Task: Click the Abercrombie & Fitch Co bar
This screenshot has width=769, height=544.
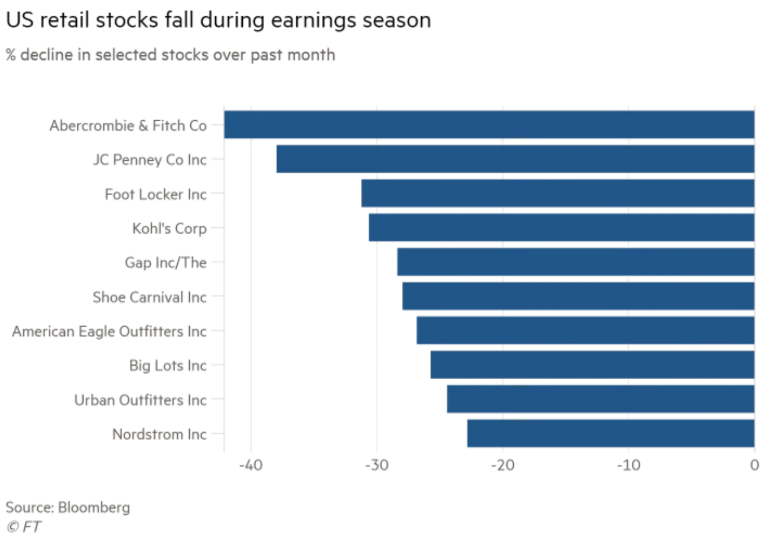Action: [x=489, y=125]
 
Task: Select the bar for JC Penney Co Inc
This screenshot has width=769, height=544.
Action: [x=515, y=159]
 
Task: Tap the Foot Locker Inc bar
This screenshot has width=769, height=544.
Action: [x=557, y=194]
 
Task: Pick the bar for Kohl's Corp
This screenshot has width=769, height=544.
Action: [x=561, y=227]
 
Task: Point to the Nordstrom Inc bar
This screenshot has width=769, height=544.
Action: [x=610, y=433]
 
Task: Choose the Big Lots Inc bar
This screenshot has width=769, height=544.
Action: [x=592, y=365]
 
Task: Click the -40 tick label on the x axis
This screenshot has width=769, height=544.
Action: [x=251, y=465]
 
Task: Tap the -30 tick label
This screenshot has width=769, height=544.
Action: [x=377, y=465]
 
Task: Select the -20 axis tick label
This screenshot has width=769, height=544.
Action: [x=503, y=465]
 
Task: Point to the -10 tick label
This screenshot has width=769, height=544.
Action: [x=628, y=465]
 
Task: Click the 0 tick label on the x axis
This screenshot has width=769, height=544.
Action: [x=754, y=465]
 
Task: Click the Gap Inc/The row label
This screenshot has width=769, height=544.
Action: [x=165, y=262]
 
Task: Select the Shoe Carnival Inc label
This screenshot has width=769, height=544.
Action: [x=150, y=297]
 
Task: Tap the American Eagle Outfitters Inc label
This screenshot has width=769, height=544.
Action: [x=110, y=331]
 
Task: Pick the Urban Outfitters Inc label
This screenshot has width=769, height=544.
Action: [x=141, y=400]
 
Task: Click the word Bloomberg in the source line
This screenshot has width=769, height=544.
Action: [x=94, y=507]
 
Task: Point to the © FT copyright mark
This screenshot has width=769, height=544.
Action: [x=24, y=527]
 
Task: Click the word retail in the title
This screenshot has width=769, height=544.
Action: [x=65, y=20]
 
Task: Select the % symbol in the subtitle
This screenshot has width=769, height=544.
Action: [x=11, y=55]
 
